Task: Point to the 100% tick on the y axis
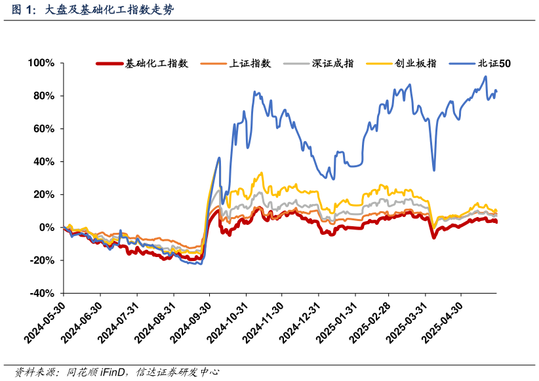[x=41, y=63]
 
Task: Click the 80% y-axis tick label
[x=43, y=96]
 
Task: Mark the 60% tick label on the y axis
[x=43, y=129]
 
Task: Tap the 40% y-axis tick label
[x=43, y=161]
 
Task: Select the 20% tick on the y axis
[x=43, y=195]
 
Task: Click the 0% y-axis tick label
[x=46, y=228]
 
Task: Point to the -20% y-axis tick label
[x=42, y=260]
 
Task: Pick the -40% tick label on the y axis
[x=42, y=293]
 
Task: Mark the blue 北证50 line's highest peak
[x=485, y=76]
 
